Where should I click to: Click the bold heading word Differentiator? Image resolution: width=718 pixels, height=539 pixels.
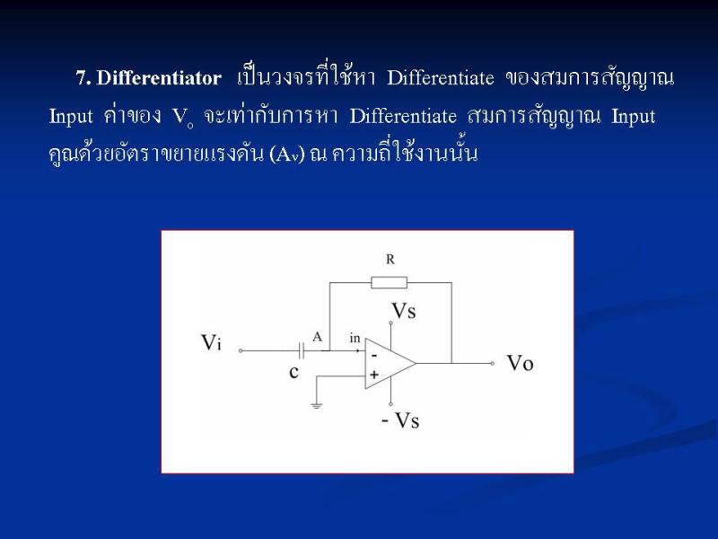point(159,78)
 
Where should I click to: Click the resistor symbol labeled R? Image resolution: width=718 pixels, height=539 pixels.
point(389,282)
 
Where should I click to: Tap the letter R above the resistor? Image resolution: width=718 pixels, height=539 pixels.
point(390,260)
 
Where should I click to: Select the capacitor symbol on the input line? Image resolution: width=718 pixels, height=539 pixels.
point(302,351)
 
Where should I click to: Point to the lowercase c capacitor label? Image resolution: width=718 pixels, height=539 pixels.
point(294,371)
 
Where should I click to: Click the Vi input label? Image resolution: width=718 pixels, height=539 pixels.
point(211,342)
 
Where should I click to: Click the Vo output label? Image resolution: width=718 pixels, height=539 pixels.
point(521,363)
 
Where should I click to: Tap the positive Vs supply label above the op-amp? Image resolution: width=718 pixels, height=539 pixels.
point(404,311)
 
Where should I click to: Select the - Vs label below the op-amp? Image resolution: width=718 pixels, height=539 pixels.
point(400,420)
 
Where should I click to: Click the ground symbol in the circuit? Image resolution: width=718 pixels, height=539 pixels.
point(317,405)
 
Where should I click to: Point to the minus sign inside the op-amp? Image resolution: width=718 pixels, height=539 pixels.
point(374,356)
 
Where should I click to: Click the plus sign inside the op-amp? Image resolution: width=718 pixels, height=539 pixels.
point(374,375)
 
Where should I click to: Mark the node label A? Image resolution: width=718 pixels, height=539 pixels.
point(318,338)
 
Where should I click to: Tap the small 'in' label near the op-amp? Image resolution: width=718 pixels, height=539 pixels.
point(355,339)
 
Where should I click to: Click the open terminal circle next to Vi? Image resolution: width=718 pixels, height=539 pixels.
point(241,350)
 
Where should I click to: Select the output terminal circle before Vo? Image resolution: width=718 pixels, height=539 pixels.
point(492,364)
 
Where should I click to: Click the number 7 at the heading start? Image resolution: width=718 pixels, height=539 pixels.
point(83,78)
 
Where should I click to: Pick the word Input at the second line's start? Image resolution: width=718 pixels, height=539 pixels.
point(71,117)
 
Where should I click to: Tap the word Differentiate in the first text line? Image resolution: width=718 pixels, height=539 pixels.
point(441,78)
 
